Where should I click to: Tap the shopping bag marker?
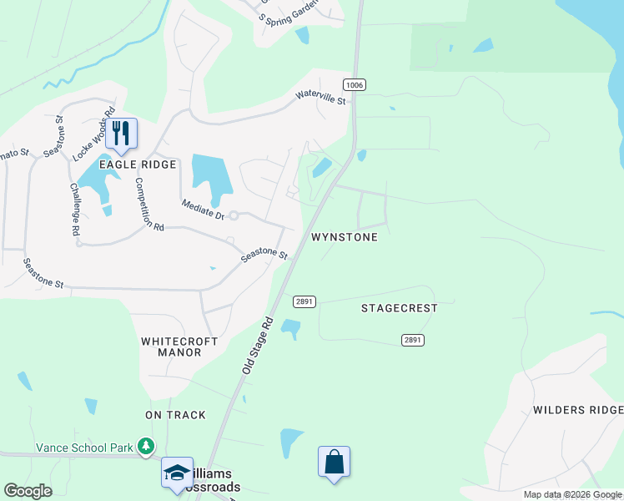pos(334,462)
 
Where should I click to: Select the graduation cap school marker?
pos(178,473)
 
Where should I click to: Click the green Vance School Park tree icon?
pos(146,447)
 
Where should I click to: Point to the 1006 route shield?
pos(354,84)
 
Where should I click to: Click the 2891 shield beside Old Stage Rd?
pos(304,301)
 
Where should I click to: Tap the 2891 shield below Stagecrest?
pos(412,340)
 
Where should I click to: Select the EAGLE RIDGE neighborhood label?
pos(138,164)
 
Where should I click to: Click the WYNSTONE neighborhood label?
pos(344,237)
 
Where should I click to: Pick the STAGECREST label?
pos(399,308)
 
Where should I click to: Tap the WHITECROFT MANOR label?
pos(179,347)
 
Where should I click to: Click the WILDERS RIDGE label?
pos(578,410)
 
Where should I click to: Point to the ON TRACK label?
pos(175,415)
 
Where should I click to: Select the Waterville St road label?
pos(320,97)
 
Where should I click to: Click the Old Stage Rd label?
pos(257,344)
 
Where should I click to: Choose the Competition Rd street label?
pos(149,204)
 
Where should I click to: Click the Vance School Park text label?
pos(85,448)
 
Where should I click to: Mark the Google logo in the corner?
pos(28,491)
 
